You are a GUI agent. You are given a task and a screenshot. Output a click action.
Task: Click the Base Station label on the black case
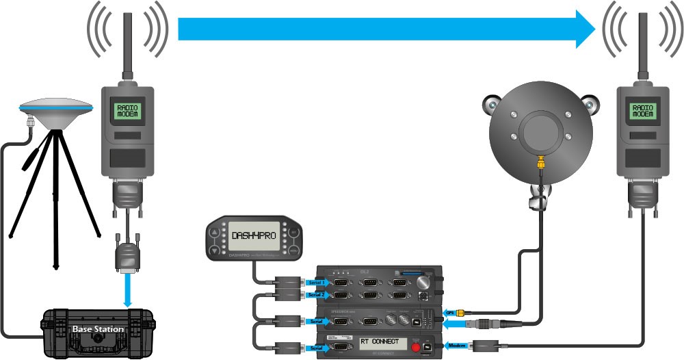point(98,329)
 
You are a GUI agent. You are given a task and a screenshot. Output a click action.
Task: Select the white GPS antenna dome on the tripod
point(56,106)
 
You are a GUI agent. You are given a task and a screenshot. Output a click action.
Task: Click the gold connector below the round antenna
point(540,164)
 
